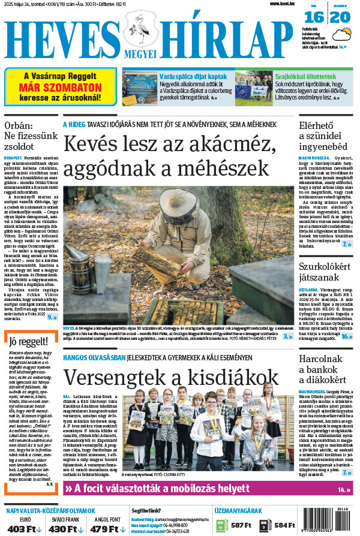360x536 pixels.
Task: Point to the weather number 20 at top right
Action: (340, 17)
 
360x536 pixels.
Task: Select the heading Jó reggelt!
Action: (29, 342)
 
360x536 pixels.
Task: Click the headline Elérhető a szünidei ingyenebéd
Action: (324, 136)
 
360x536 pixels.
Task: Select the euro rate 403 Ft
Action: (25, 529)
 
